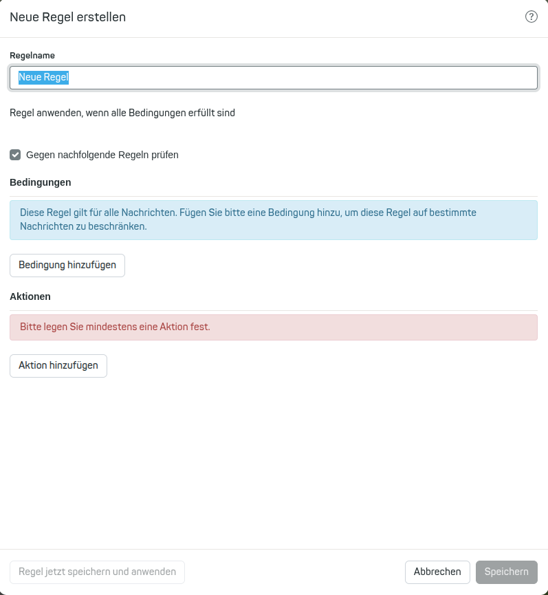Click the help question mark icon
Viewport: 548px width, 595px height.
531,17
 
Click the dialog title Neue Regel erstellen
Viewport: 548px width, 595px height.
67,17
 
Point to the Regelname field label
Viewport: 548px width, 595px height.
32,55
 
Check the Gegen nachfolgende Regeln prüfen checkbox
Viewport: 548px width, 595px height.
15,155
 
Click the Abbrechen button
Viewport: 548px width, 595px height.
437,572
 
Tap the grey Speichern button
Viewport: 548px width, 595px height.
506,572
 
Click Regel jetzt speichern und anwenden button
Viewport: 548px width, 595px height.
97,572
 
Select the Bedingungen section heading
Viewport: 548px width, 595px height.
41,182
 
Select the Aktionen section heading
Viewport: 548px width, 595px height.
30,296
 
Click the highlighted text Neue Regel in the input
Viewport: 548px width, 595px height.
43,78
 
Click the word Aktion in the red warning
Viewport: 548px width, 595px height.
175,327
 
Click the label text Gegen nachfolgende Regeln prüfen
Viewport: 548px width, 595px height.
102,155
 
